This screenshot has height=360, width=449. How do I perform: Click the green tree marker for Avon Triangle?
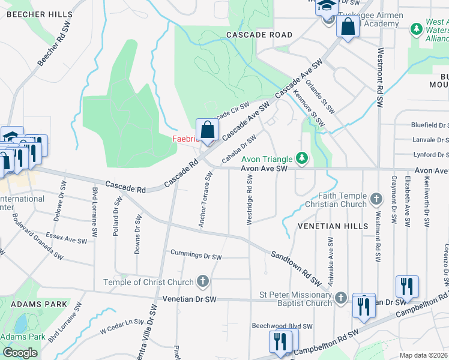[x=303, y=159]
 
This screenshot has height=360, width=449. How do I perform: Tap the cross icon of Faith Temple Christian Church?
[x=376, y=198]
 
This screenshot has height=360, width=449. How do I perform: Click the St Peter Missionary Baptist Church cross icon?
[x=340, y=298]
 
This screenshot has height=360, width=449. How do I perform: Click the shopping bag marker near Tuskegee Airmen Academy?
[x=348, y=26]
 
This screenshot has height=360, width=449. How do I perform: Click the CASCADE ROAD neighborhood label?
[x=259, y=35]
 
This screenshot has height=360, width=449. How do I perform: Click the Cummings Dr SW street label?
[x=196, y=255]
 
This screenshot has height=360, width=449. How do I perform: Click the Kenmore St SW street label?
[x=309, y=108]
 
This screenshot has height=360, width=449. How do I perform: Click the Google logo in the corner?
[x=20, y=353]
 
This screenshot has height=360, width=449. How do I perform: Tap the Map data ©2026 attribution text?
[x=423, y=355]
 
